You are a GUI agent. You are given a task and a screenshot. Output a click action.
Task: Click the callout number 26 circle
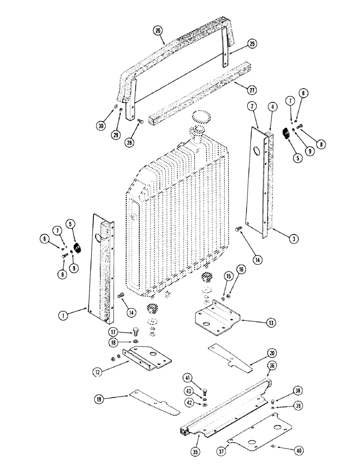tap(158, 32)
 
